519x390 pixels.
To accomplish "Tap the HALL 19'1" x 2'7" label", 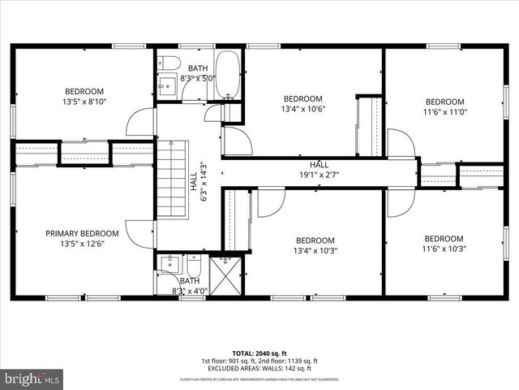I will click(x=313, y=170).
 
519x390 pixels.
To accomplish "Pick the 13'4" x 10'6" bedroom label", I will click(x=302, y=104).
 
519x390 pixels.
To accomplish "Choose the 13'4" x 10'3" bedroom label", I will click(x=315, y=245).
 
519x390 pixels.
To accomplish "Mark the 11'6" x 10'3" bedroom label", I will click(x=444, y=244).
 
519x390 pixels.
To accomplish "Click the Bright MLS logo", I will click(x=32, y=379).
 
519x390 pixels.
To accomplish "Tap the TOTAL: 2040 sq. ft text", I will click(x=259, y=353).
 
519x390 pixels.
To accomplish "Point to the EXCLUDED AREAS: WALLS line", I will click(x=259, y=369).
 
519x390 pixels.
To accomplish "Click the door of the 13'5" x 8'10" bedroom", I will click(x=139, y=122).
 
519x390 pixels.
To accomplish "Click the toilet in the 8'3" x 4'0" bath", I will click(x=193, y=266).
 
